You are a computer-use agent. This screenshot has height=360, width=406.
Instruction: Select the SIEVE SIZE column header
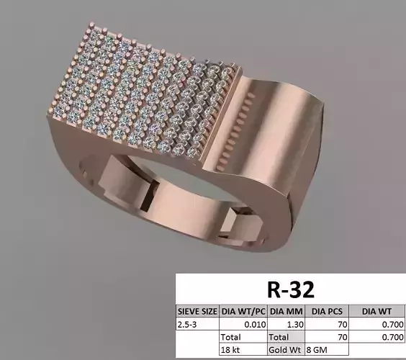197,311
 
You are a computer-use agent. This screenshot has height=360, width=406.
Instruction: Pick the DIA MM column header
287,311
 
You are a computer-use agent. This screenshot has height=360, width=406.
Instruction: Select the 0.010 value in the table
253,324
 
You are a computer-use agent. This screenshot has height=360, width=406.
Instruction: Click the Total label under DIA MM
280,336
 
